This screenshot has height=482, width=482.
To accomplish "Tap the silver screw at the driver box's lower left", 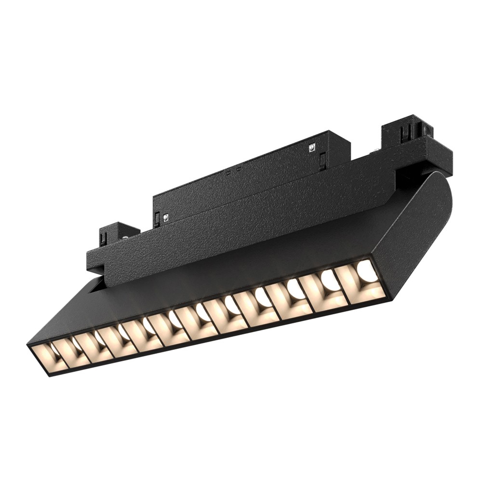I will (165, 217).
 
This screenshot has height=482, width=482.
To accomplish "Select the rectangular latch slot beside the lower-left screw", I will (157, 219).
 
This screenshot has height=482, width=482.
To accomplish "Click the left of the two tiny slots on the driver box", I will (227, 172).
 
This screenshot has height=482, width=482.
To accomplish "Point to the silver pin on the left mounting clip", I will (124, 237).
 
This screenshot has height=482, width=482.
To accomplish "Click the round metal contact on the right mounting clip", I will (426, 129).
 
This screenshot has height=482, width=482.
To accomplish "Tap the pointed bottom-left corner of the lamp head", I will (30, 344).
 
